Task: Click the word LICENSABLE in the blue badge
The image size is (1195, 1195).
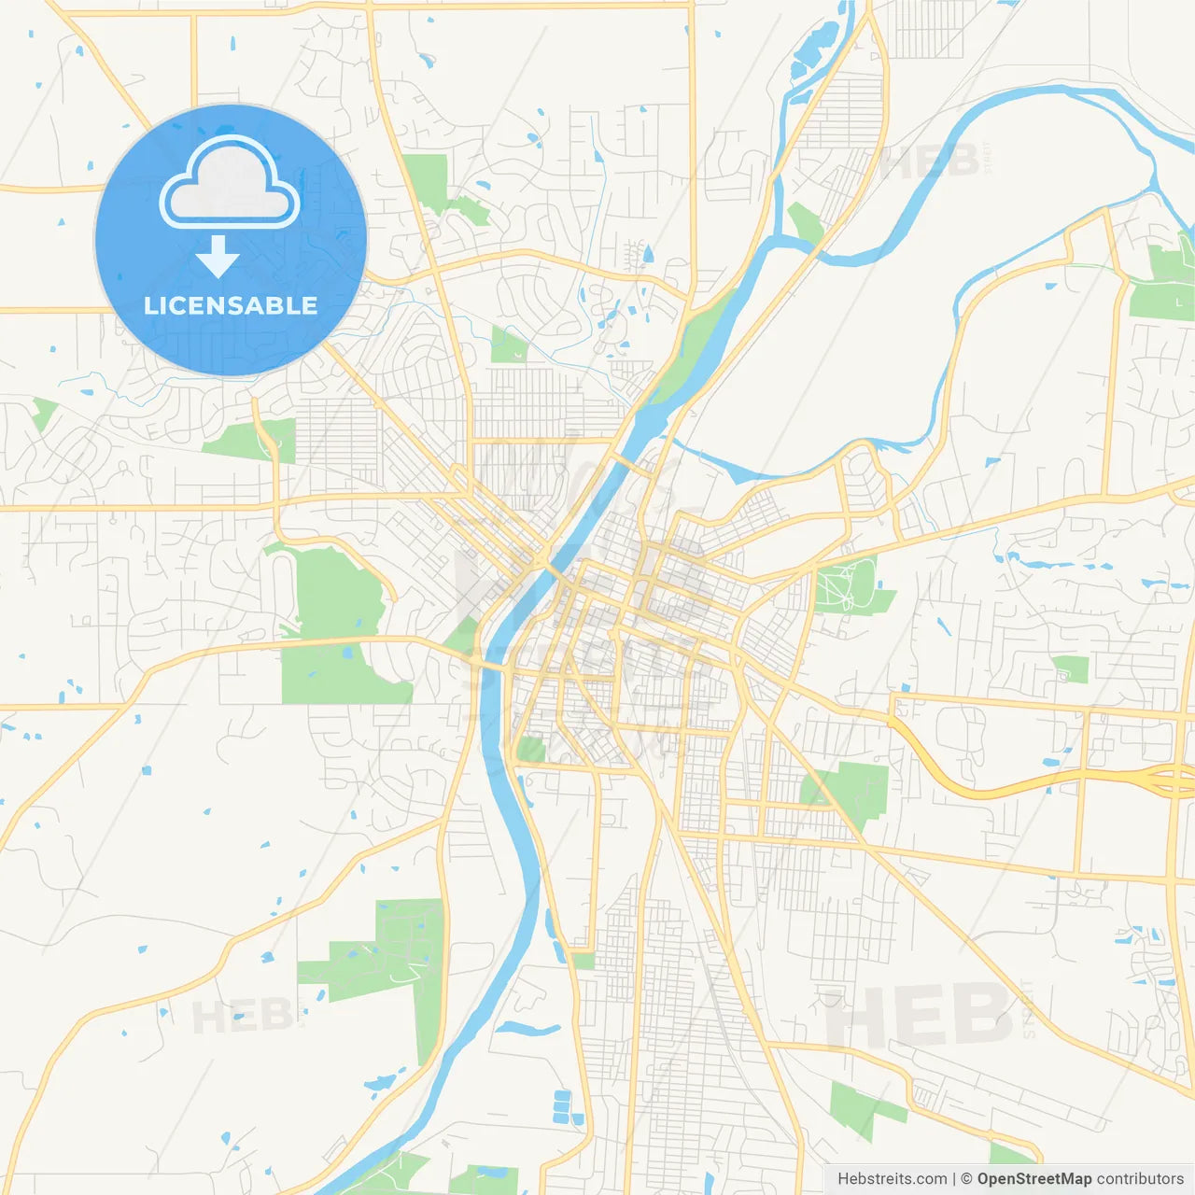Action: coord(231,305)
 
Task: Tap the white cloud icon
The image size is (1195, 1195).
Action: coord(230,184)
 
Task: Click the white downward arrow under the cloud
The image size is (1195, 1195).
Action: coord(218,257)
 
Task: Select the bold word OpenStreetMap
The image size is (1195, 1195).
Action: coord(1033,1179)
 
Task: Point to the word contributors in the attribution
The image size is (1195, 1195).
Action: coord(1140,1179)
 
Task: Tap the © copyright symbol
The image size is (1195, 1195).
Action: coord(966,1179)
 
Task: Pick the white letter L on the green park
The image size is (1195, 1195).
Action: coord(1179,302)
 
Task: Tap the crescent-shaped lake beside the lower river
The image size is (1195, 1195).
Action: coord(527,1029)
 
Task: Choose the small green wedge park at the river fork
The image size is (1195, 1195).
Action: coord(805,222)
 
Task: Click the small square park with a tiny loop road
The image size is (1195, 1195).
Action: coord(1070,668)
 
